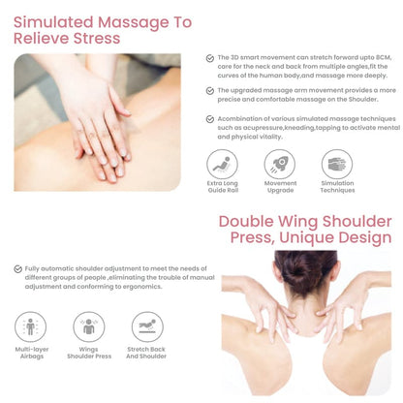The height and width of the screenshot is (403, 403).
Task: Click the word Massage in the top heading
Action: tap(133, 23)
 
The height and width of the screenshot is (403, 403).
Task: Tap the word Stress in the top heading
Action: tap(97, 39)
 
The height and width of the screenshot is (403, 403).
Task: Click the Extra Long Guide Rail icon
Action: tap(222, 165)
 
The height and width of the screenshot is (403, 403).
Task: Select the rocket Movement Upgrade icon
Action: tap(280, 165)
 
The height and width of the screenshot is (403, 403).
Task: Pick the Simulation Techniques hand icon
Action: tap(337, 165)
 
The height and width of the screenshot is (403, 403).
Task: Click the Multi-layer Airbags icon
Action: tap(31, 326)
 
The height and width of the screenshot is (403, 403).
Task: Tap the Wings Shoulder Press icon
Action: tap(89, 326)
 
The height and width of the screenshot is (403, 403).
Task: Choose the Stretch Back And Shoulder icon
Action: tap(147, 326)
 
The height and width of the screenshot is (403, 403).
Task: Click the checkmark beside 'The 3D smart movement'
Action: tap(210, 58)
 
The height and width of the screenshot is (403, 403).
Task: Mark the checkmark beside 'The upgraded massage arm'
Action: tap(210, 91)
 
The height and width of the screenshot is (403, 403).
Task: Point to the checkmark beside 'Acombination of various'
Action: tap(210, 119)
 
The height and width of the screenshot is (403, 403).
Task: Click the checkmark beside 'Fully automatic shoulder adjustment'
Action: tap(18, 269)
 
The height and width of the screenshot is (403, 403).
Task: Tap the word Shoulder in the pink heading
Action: tap(357, 222)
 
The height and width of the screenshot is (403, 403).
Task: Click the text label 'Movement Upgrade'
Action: tap(280, 187)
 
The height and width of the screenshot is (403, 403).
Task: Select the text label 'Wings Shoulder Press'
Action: tap(89, 353)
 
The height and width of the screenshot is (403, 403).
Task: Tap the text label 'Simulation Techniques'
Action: tap(337, 187)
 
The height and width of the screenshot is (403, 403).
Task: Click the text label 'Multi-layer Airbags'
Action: tap(32, 353)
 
